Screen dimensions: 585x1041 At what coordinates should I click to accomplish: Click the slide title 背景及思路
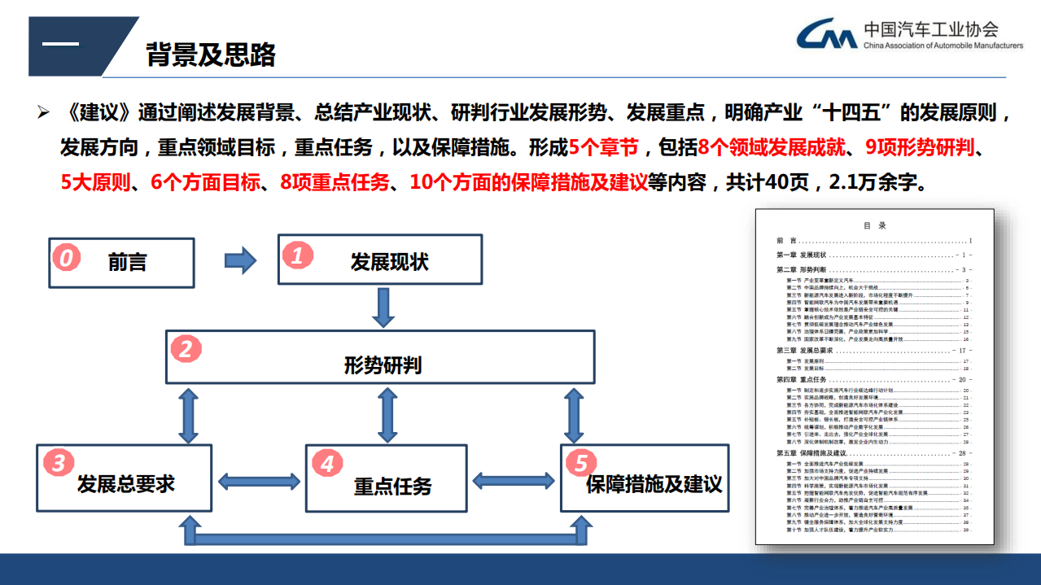click(211, 54)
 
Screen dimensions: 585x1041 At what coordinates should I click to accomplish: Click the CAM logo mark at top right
click(826, 34)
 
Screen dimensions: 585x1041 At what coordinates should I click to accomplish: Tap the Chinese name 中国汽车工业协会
click(931, 29)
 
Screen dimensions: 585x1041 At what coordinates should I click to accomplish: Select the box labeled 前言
click(122, 263)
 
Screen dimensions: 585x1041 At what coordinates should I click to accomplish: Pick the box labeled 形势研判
click(381, 357)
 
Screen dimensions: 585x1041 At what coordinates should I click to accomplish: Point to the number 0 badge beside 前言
click(67, 258)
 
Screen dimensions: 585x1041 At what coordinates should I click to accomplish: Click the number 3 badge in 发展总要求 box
click(59, 464)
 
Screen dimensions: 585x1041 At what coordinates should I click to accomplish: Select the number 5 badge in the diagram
click(580, 464)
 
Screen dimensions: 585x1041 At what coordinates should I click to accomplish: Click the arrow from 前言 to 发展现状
click(239, 260)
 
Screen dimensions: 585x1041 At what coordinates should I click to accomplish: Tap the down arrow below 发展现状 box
click(383, 308)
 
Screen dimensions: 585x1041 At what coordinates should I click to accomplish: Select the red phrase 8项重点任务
click(334, 182)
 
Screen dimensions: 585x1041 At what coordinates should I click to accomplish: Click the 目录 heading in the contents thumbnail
click(874, 225)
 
